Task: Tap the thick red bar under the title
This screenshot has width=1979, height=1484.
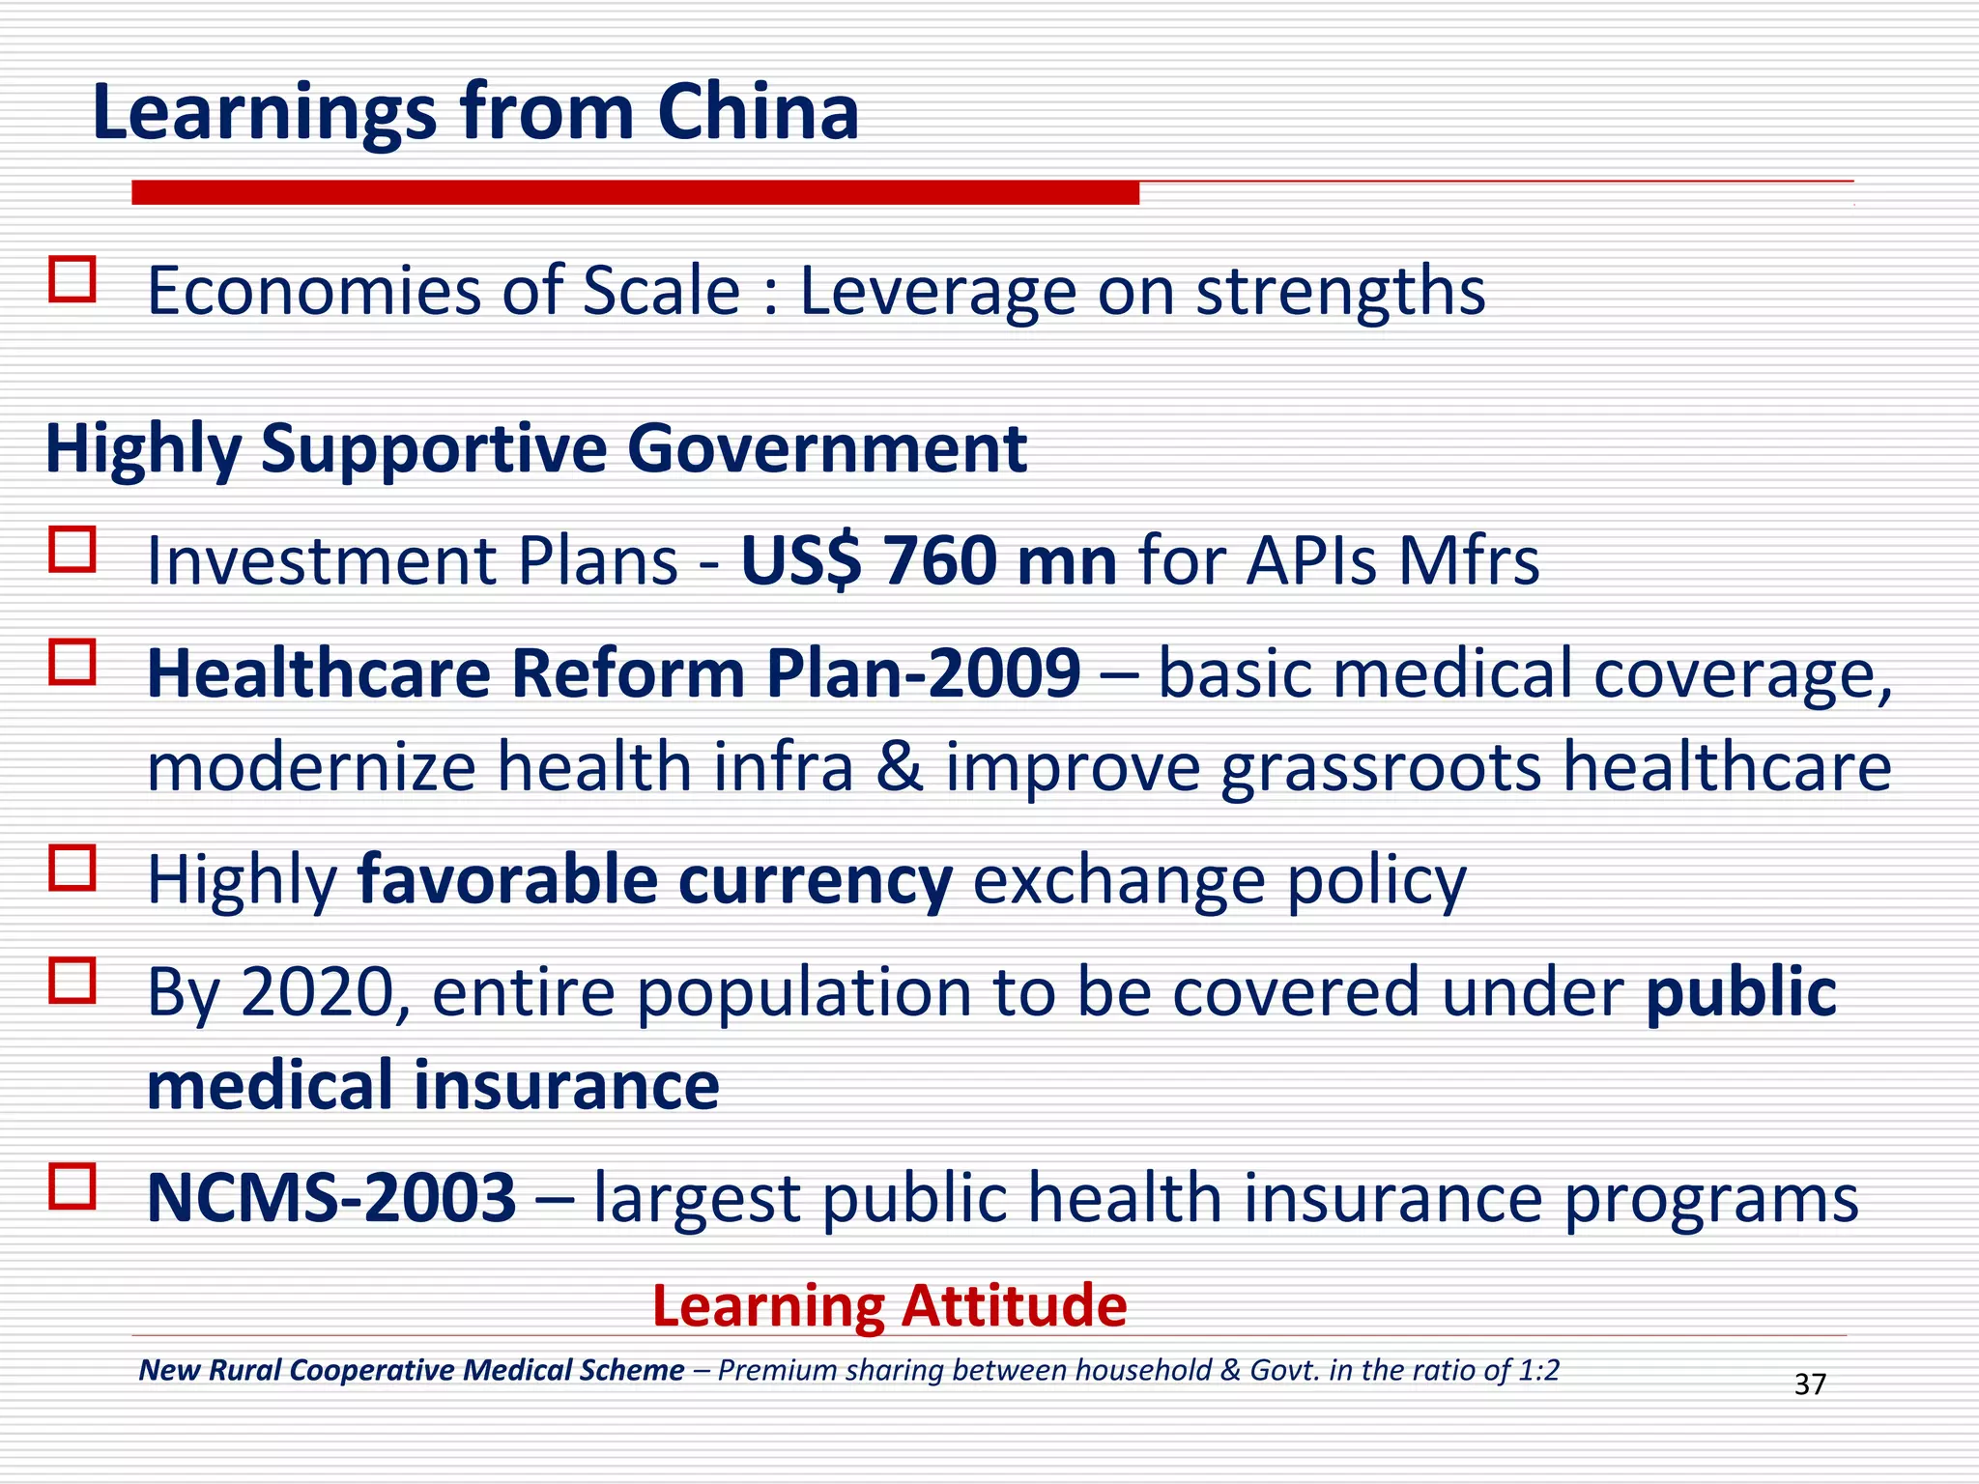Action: [x=635, y=192]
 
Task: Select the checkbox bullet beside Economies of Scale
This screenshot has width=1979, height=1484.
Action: [x=72, y=279]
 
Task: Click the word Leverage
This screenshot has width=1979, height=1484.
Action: [x=937, y=292]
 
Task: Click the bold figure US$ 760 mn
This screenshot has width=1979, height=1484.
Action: [x=928, y=560]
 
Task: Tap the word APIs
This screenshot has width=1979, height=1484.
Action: [x=1310, y=560]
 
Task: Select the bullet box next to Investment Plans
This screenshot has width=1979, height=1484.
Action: [x=72, y=549]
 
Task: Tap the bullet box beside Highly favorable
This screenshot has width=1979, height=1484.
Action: [x=72, y=868]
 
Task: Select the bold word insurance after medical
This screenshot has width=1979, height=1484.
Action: [x=567, y=1085]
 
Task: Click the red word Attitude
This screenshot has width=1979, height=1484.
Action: [x=1014, y=1306]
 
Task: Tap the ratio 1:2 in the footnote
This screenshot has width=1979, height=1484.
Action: [x=1536, y=1370]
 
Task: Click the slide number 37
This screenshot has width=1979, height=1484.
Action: [x=1809, y=1384]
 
